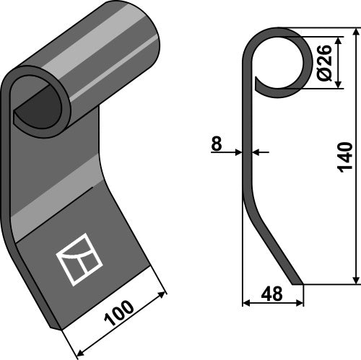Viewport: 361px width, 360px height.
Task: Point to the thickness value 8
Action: pyautogui.click(x=216, y=144)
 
